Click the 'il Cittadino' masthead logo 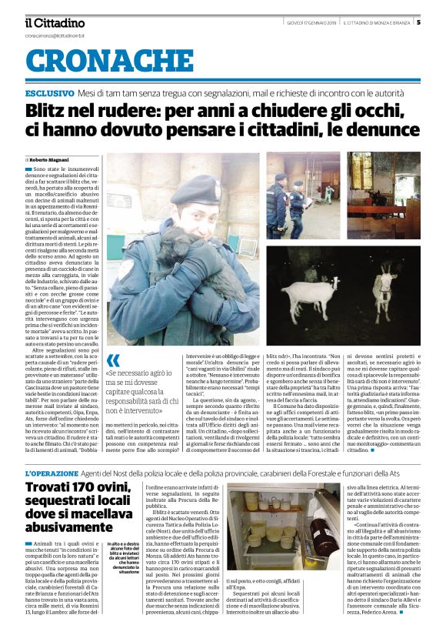pos(55,22)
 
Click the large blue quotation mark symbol pos(113,361)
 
